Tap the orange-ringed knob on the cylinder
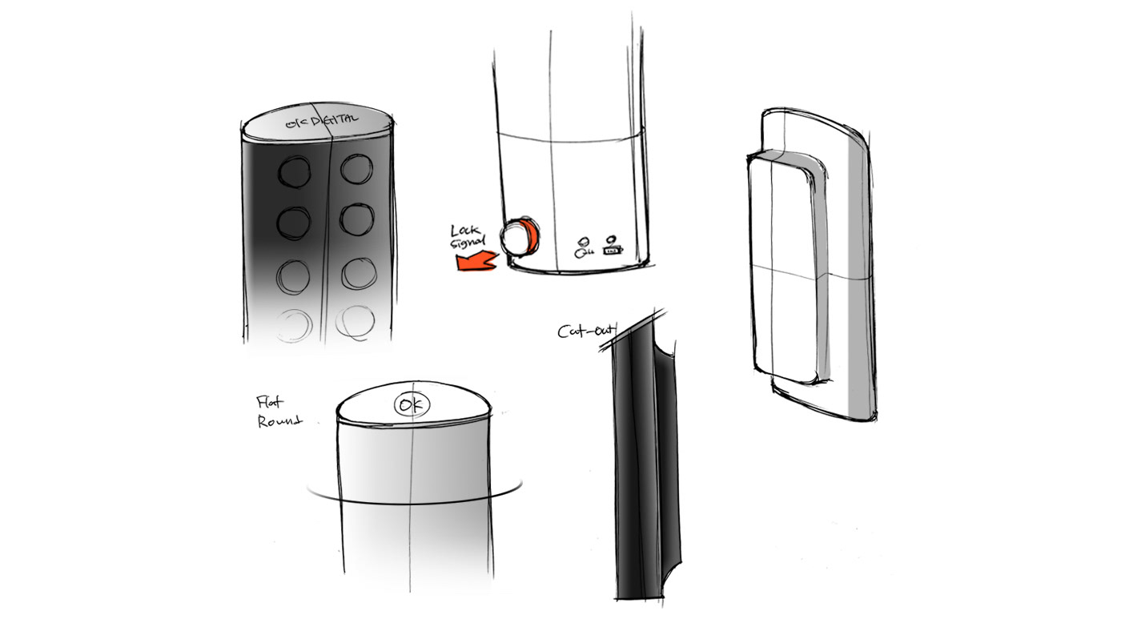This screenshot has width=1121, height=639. tap(516, 236)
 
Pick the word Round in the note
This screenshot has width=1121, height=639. tap(279, 421)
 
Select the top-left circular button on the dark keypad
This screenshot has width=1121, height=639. tap(295, 171)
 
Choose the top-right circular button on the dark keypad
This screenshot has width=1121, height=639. tap(355, 170)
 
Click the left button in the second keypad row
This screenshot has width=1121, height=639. tap(294, 220)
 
